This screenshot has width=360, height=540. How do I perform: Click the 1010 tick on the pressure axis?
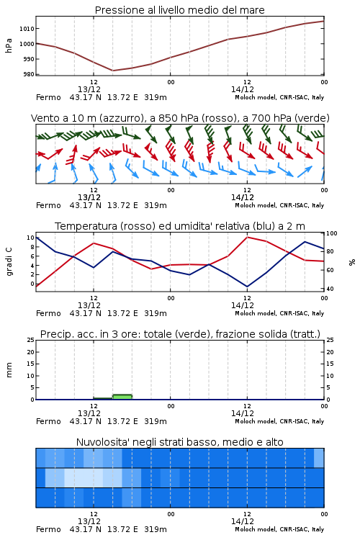tap(27, 29)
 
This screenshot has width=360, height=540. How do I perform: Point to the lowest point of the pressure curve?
tap(112, 71)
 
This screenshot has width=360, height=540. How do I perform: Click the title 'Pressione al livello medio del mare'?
tap(179, 10)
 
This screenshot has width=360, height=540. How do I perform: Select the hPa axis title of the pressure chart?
tap(9, 45)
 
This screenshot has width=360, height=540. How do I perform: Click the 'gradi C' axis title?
tap(9, 261)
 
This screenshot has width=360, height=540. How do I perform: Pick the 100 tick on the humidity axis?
tap(332, 233)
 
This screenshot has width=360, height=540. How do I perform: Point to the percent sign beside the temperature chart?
tap(352, 262)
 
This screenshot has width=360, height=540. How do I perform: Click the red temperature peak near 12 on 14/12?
tap(247, 237)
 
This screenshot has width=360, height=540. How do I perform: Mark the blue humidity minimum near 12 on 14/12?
tap(247, 287)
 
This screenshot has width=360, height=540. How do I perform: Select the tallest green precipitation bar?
tap(122, 397)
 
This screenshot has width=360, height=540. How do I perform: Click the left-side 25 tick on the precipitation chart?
tap(31, 340)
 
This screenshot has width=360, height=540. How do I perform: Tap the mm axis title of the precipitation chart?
tap(9, 369)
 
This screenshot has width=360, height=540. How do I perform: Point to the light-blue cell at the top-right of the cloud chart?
tap(319, 458)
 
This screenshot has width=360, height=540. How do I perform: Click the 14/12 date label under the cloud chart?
tap(243, 521)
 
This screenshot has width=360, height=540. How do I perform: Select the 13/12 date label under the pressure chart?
tap(89, 89)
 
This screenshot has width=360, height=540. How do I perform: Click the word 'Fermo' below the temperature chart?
tap(48, 313)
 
